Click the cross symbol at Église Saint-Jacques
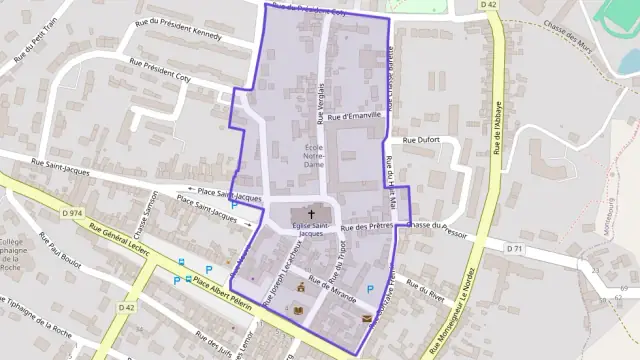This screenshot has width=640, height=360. click(x=311, y=214)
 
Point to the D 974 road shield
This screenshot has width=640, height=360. click(x=71, y=214)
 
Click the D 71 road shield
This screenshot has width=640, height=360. click(x=515, y=247)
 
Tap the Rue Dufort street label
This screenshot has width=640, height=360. click(x=420, y=141)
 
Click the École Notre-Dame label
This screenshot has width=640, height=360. click(x=314, y=154)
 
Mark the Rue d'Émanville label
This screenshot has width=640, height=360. click(x=349, y=117)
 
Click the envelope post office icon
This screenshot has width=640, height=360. click(x=367, y=319)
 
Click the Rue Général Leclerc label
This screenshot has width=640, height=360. click(x=118, y=243)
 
